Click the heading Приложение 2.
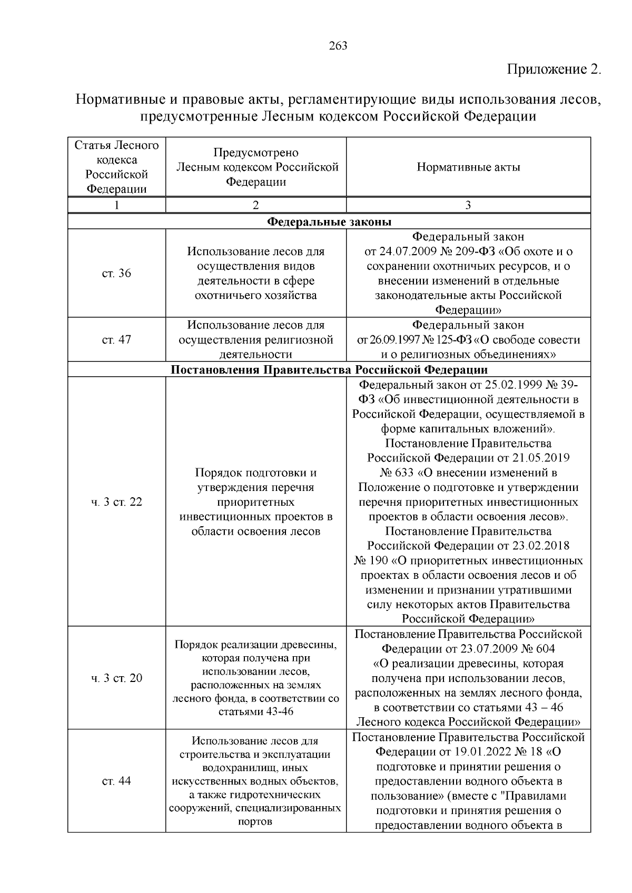[554, 70]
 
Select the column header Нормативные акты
[468, 167]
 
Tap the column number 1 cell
[116, 205]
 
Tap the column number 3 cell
[468, 205]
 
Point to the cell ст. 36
[116, 273]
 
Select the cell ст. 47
[116, 339]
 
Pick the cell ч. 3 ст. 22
[116, 502]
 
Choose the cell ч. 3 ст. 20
[116, 678]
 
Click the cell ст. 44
[116, 781]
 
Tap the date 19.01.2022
[470, 752]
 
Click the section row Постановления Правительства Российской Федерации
[329, 369]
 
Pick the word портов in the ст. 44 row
[255, 821]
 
